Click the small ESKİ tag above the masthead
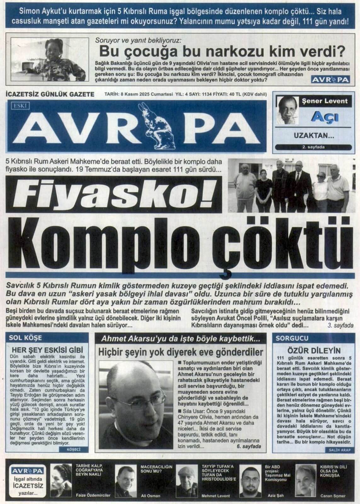point(20,106)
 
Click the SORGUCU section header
point(288,338)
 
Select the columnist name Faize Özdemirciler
point(93,495)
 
